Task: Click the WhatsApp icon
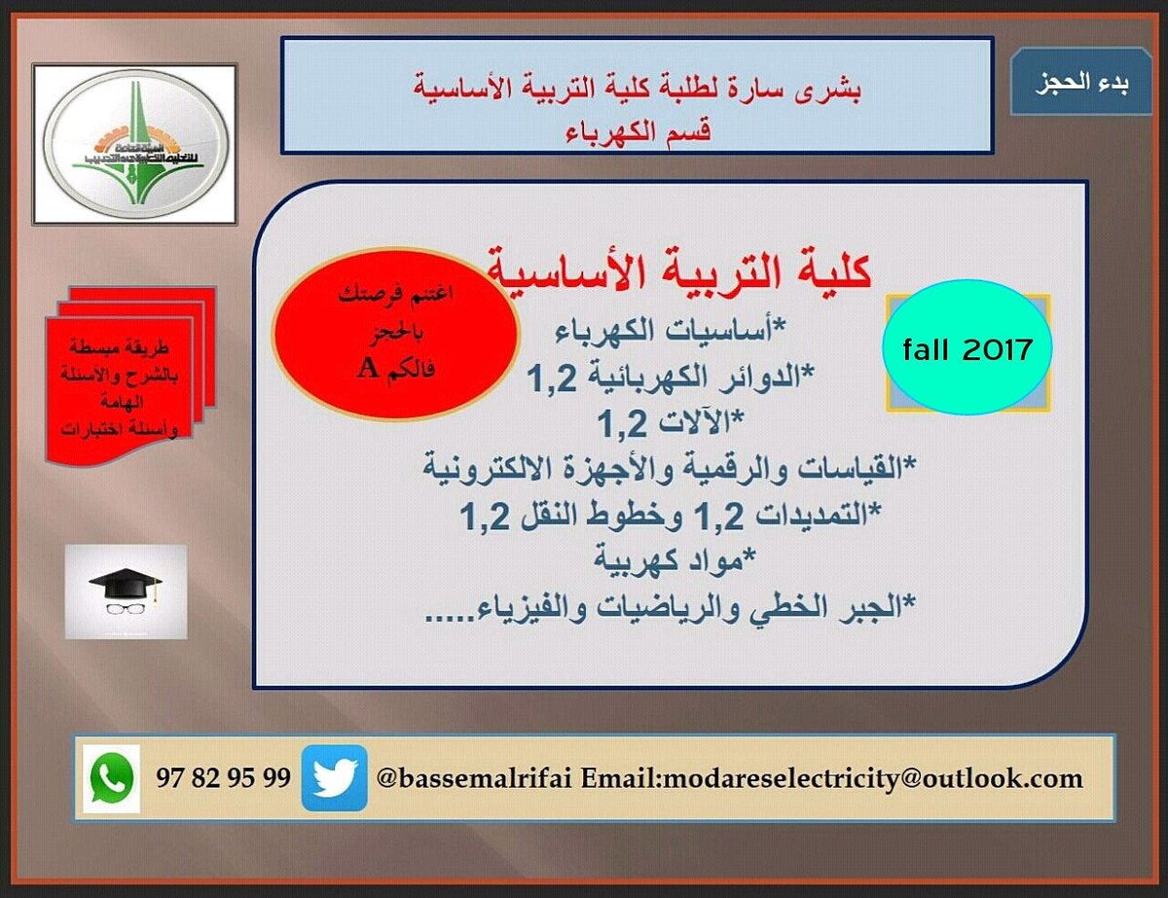[111, 778]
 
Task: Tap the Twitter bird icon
[334, 778]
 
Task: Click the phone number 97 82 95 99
[223, 778]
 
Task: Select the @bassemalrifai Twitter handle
[476, 779]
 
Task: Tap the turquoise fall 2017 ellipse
[967, 349]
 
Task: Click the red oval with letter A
[394, 334]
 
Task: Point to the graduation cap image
[126, 592]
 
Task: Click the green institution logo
[135, 143]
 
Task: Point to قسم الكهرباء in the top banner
[638, 129]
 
